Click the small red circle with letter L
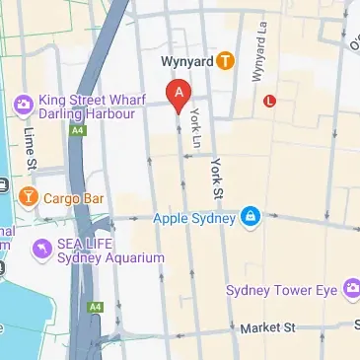[270, 100]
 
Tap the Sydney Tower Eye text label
[282, 290]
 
